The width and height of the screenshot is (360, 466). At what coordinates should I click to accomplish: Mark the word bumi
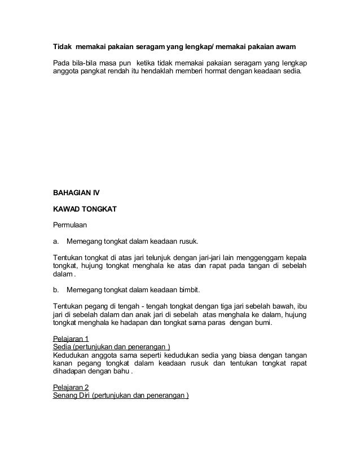[262, 323]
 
